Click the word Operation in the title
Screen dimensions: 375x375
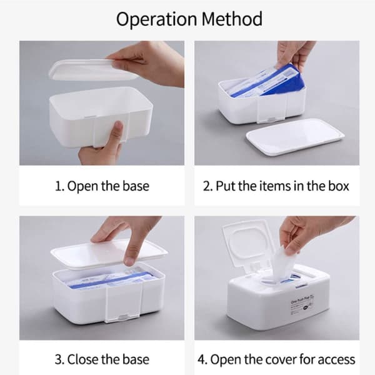(x=157, y=19)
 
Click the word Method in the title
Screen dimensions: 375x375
(x=232, y=19)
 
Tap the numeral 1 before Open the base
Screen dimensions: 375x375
(x=59, y=186)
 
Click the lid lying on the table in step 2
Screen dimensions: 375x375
(x=295, y=137)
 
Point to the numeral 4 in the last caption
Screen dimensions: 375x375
(x=202, y=359)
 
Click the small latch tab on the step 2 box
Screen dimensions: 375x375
(x=272, y=119)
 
